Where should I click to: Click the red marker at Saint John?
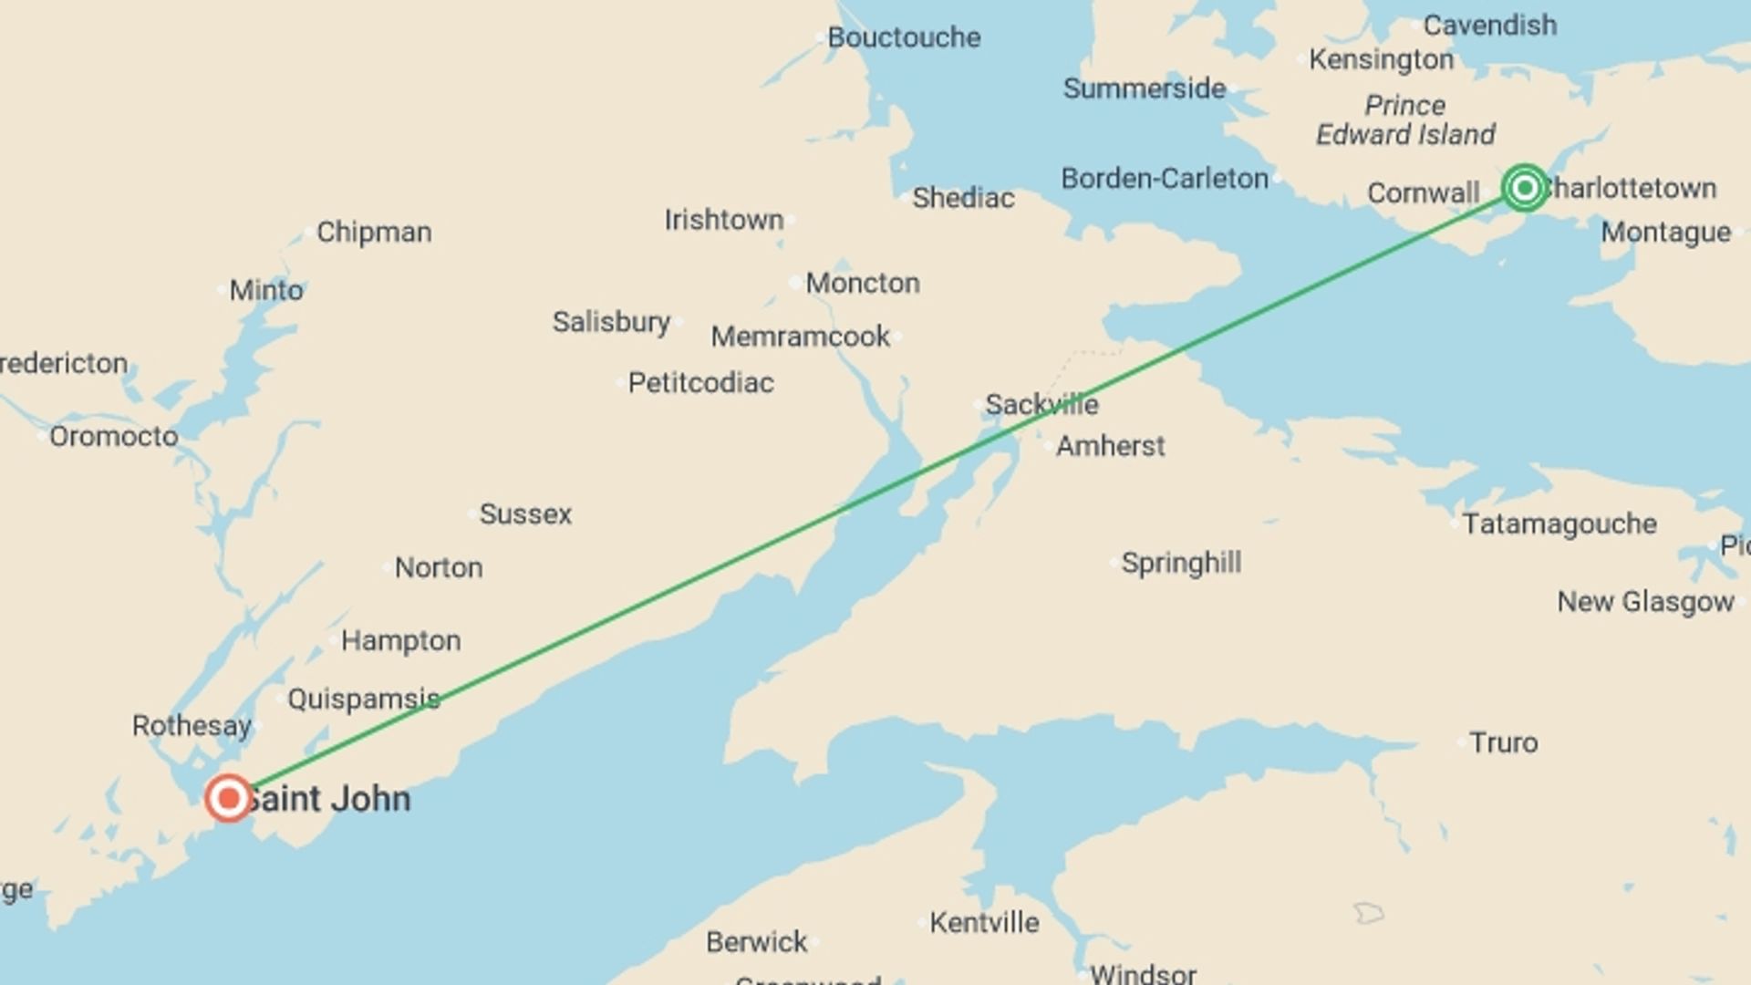click(x=228, y=799)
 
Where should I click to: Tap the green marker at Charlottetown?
click(x=1524, y=188)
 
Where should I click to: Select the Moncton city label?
click(x=862, y=283)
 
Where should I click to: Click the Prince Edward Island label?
click(x=1404, y=120)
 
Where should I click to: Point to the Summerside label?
click(x=1144, y=88)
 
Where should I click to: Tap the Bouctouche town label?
click(x=903, y=37)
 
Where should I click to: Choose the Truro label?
click(x=1503, y=742)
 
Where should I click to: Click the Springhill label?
click(x=1181, y=563)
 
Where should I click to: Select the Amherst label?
click(x=1110, y=446)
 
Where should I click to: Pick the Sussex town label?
click(x=525, y=514)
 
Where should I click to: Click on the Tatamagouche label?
click(x=1559, y=524)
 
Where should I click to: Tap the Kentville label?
click(x=984, y=923)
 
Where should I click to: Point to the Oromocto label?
click(x=113, y=437)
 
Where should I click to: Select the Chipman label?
click(x=374, y=233)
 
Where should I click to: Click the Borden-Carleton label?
click(x=1165, y=179)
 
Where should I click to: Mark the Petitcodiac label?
click(x=700, y=383)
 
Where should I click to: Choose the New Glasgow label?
click(x=1645, y=602)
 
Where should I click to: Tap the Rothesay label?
click(x=192, y=726)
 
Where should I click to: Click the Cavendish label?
click(x=1489, y=26)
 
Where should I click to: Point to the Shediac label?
click(x=963, y=198)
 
